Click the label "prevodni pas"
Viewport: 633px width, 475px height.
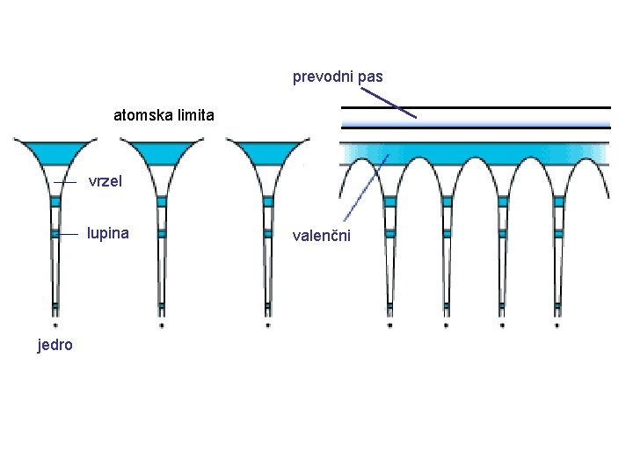coord(338,77)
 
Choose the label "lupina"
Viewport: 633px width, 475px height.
coord(107,234)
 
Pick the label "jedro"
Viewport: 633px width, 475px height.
coord(55,345)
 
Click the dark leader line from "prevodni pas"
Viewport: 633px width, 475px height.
coord(387,101)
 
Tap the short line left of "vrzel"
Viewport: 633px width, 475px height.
coord(65,182)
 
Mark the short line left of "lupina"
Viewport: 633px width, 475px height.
coord(67,234)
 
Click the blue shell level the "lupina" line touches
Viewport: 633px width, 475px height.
coord(55,234)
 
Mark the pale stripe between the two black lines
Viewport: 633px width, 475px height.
coord(475,118)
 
